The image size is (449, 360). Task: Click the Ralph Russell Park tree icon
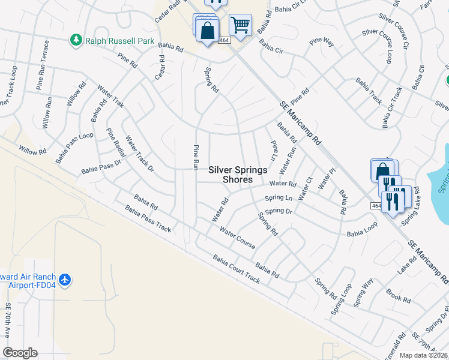pyautogui.click(x=76, y=40)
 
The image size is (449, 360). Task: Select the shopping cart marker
pyautogui.click(x=240, y=25)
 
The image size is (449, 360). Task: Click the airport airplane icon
pyautogui.click(x=65, y=279)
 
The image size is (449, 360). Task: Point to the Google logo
pyautogui.click(x=20, y=353)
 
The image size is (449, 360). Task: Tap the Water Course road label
pyautogui.click(x=237, y=238)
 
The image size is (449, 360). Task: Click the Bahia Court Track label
pyautogui.click(x=236, y=269)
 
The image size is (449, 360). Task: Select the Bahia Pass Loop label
pyautogui.click(x=74, y=148)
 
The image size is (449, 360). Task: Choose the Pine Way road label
pyautogui.click(x=321, y=42)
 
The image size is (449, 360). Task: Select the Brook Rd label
pyautogui.click(x=398, y=296)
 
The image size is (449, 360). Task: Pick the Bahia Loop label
pyautogui.click(x=362, y=230)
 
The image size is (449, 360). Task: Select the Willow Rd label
pyautogui.click(x=32, y=149)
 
